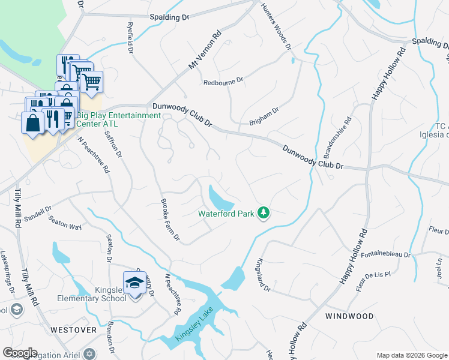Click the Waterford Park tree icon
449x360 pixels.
[x=263, y=212]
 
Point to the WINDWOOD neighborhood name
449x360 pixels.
[x=349, y=316]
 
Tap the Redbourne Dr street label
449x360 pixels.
[x=223, y=81]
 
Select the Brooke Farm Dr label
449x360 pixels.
[x=170, y=220]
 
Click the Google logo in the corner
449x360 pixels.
[x=20, y=353]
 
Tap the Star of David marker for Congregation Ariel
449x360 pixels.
[x=89, y=353]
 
